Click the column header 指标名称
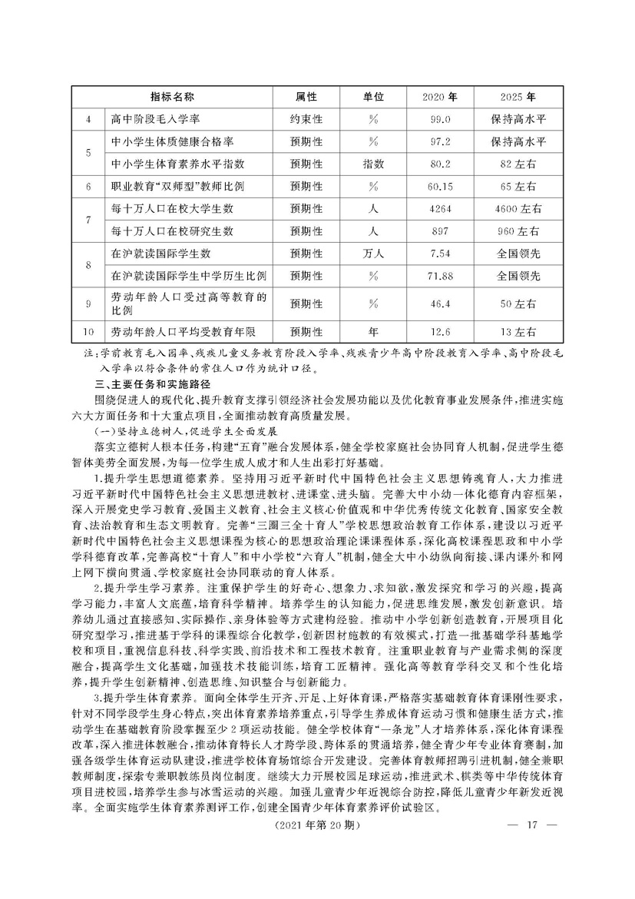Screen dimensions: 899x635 [x=171, y=98]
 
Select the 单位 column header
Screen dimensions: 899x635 [x=373, y=98]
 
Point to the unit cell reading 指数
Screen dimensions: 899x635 [x=373, y=164]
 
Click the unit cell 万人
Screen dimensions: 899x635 [x=373, y=252]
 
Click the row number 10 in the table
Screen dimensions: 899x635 [x=88, y=331]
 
